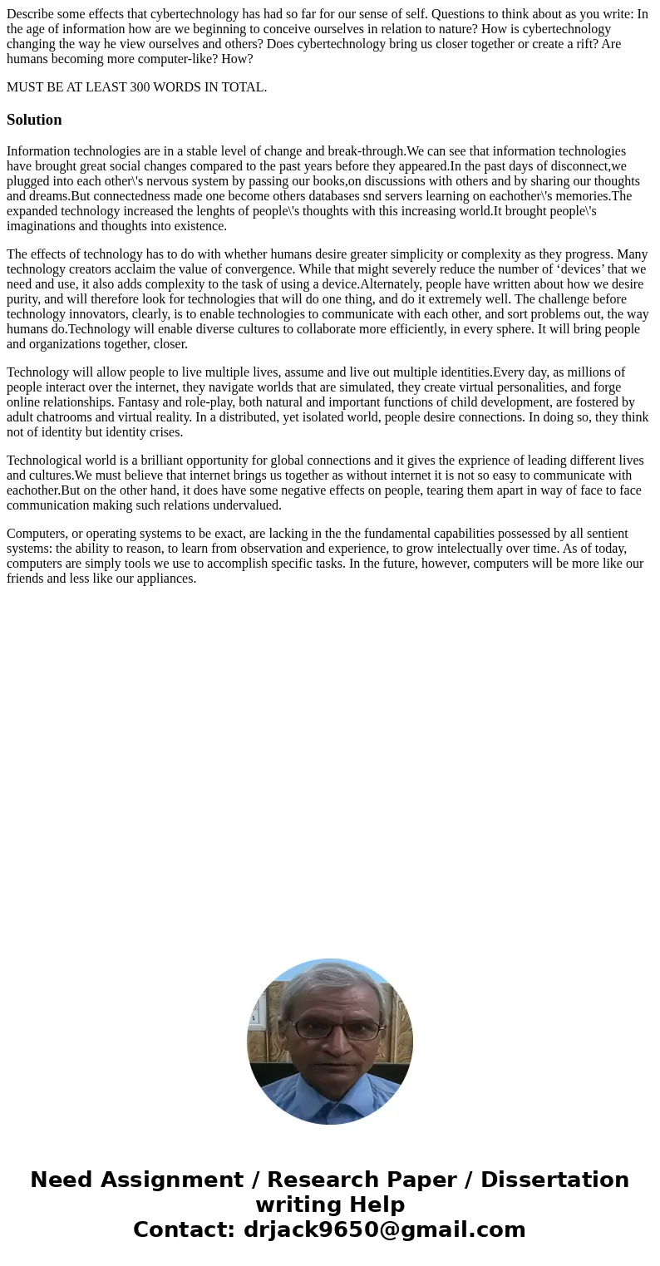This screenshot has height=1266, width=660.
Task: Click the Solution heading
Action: (x=34, y=120)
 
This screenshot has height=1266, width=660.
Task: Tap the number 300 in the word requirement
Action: (x=143, y=87)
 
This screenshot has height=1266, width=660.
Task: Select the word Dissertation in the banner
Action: (x=554, y=1180)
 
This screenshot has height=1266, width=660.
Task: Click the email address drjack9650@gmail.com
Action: (x=384, y=1229)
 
